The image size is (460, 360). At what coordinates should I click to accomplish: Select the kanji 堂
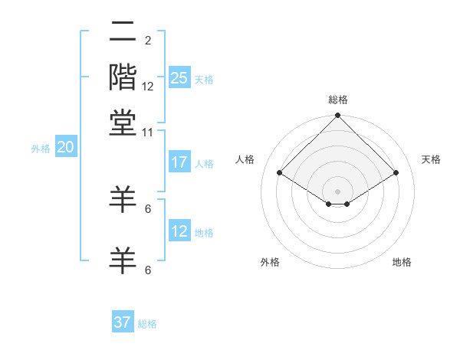click(x=123, y=123)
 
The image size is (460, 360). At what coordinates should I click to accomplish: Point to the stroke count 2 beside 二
click(x=148, y=41)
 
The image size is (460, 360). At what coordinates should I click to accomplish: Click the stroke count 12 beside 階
click(x=148, y=86)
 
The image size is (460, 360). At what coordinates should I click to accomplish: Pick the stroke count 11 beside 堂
click(x=148, y=132)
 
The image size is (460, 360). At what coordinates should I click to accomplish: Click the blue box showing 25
click(x=179, y=78)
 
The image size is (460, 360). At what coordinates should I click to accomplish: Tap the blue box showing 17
click(x=179, y=162)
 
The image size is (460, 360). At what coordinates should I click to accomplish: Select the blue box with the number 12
click(x=179, y=231)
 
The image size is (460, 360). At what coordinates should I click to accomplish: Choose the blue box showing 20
click(x=65, y=148)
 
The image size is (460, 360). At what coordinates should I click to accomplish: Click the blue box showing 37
click(x=122, y=322)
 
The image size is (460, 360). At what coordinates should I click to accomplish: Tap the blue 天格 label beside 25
click(x=204, y=79)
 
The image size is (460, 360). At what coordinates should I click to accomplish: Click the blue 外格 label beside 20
click(x=41, y=149)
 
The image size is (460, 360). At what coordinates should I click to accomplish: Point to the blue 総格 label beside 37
click(x=147, y=324)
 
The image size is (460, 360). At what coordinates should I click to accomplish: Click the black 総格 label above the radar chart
click(x=338, y=100)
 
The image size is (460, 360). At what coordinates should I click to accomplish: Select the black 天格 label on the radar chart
click(x=431, y=159)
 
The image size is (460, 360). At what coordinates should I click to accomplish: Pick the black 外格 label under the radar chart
click(x=269, y=262)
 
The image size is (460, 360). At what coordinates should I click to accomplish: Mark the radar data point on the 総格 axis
click(x=338, y=116)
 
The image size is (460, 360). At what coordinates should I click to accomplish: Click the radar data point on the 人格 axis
click(x=280, y=173)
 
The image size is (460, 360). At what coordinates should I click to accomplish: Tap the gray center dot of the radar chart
click(x=338, y=191)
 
